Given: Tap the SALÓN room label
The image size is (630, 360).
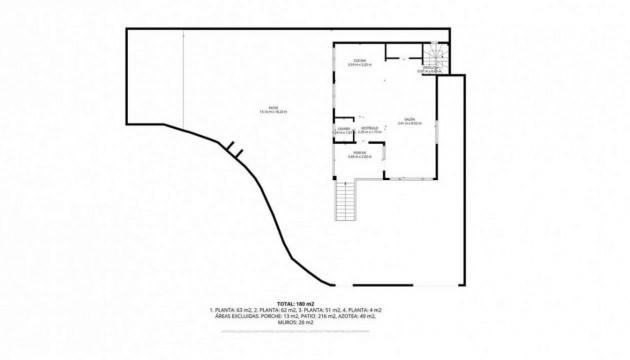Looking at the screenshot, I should [x=410, y=118].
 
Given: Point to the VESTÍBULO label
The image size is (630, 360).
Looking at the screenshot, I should [x=369, y=127].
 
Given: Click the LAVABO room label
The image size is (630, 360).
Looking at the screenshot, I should [x=341, y=128].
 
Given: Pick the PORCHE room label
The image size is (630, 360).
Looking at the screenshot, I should [x=359, y=152].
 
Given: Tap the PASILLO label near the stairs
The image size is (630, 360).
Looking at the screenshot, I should [x=432, y=67].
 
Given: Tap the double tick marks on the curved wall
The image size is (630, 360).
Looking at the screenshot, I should [x=234, y=150].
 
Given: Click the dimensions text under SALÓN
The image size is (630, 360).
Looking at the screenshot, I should [x=410, y=123].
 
